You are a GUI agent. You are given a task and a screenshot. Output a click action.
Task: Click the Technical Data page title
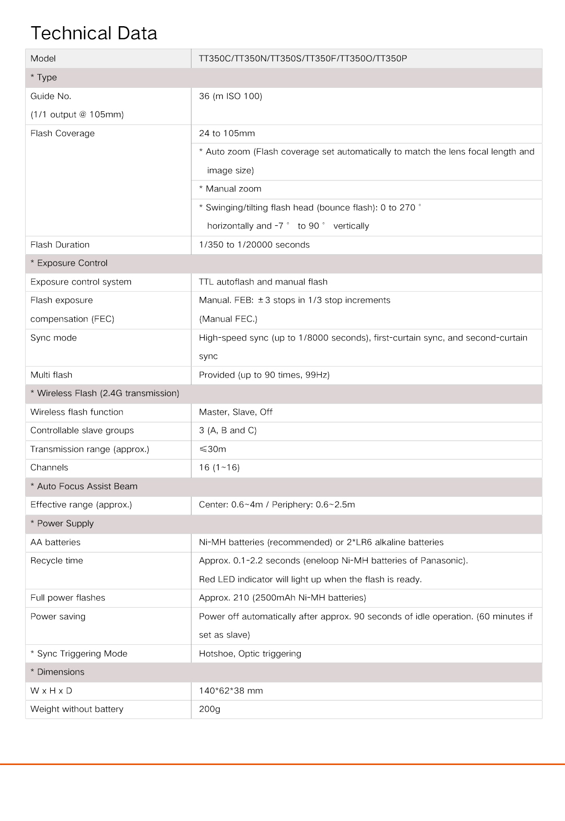coord(94,33)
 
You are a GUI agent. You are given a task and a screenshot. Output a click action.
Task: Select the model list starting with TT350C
coord(302,59)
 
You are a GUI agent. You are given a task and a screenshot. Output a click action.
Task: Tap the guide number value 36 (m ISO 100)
coord(230,96)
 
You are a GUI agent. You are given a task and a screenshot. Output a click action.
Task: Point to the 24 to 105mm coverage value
coord(227,133)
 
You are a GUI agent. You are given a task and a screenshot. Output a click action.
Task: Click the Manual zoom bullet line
coord(230,189)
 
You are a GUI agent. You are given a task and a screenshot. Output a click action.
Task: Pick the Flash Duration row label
coord(60,245)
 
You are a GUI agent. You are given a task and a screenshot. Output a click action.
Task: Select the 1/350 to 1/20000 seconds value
coord(254,245)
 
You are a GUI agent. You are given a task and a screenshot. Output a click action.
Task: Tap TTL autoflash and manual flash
coord(263,282)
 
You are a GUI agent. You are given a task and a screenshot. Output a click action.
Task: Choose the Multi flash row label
coord(51,375)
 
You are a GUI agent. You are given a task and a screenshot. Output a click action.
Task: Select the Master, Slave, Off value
coord(235,412)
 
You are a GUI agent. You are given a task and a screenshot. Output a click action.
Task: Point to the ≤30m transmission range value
coord(212,449)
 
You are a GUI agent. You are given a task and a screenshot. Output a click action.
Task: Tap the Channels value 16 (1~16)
coord(219,467)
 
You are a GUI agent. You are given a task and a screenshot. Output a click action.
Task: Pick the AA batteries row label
coord(55,542)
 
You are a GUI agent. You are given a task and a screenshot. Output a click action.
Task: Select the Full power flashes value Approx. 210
coord(282,598)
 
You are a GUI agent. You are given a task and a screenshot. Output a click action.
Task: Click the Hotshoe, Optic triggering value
coord(250,654)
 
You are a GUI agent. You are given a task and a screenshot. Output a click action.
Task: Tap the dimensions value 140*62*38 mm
coord(231,691)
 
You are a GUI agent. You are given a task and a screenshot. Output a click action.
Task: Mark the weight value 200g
coord(209,709)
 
